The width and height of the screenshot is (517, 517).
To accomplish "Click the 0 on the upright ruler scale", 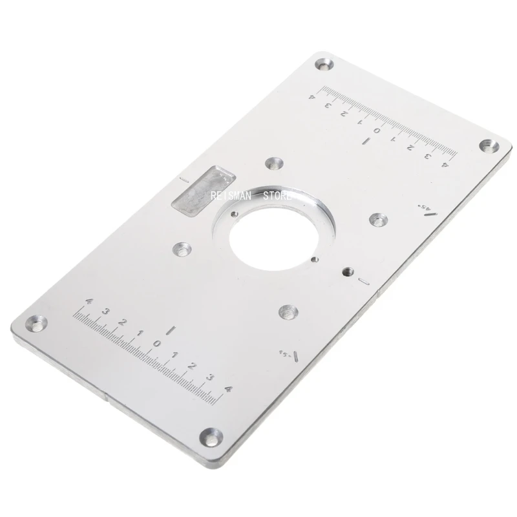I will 156,343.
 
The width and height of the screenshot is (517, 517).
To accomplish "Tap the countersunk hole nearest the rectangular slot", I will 182,248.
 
